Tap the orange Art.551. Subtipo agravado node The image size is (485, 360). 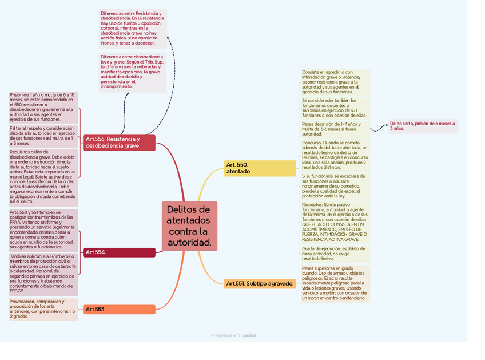pyautogui.click(x=260, y=283)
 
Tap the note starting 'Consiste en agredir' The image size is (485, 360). pyautogui.click(x=335, y=82)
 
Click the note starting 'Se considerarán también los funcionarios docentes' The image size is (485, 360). pyautogui.click(x=335, y=108)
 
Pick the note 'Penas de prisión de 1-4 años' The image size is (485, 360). pyautogui.click(x=335, y=129)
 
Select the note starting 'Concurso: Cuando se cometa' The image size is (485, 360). pyautogui.click(x=335, y=155)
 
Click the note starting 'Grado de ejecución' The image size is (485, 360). pyautogui.click(x=335, y=254)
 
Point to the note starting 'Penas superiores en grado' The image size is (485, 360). pyautogui.click(x=335, y=283)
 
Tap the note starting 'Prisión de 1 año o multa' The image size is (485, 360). pyautogui.click(x=43, y=107)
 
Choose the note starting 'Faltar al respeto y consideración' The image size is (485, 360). pyautogui.click(x=43, y=136)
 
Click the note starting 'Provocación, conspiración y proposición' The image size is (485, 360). pyautogui.click(x=43, y=309)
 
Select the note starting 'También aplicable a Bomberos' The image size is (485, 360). pyautogui.click(x=43, y=274)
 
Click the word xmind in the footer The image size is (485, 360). pyautogui.click(x=249, y=336)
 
